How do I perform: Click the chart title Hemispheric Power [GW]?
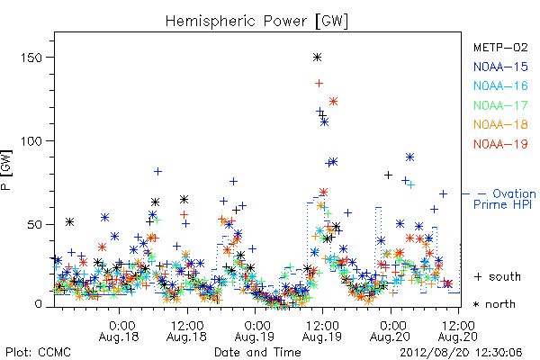point(256,21)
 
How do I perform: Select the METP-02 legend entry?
point(500,47)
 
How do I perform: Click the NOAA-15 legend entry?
point(500,67)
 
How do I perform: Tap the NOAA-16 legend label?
point(500,85)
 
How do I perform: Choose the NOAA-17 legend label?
point(500,105)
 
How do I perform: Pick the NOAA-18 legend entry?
point(500,124)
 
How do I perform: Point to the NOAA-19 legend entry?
point(500,144)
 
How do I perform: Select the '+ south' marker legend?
point(498,276)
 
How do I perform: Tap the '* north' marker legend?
point(494,304)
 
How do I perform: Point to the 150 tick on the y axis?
point(31,58)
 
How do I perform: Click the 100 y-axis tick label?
point(31,141)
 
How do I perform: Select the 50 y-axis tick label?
point(35,225)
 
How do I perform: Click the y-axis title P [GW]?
point(6,170)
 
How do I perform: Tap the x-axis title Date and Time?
point(257,353)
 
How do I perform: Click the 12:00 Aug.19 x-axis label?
point(322,330)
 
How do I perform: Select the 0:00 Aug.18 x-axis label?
point(119,330)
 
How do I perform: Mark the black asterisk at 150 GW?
point(317,58)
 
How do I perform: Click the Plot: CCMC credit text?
point(38,353)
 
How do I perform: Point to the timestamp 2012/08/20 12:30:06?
point(461,353)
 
